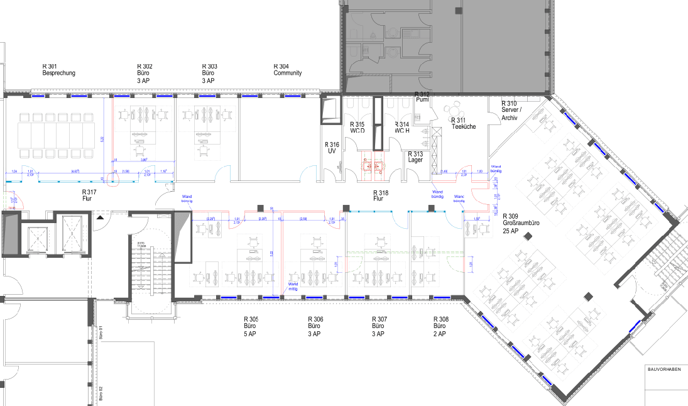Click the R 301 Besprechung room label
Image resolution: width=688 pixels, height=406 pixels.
(58, 70)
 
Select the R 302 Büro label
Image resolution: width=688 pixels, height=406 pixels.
(145, 73)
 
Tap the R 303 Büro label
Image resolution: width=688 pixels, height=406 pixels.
(209, 73)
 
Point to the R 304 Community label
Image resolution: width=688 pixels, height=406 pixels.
(287, 70)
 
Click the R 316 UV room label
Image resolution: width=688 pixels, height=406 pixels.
(333, 148)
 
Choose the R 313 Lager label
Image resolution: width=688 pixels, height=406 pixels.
(415, 157)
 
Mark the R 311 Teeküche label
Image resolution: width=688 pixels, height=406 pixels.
(463, 123)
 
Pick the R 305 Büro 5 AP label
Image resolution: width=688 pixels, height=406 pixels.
(251, 327)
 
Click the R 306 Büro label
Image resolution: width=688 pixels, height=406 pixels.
(315, 327)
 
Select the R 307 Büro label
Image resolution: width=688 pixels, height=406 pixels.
(379, 327)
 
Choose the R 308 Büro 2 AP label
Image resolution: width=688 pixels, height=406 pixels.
(441, 327)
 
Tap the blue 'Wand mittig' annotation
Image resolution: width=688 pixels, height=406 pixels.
(293, 286)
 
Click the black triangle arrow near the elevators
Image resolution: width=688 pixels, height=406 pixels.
(100, 217)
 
